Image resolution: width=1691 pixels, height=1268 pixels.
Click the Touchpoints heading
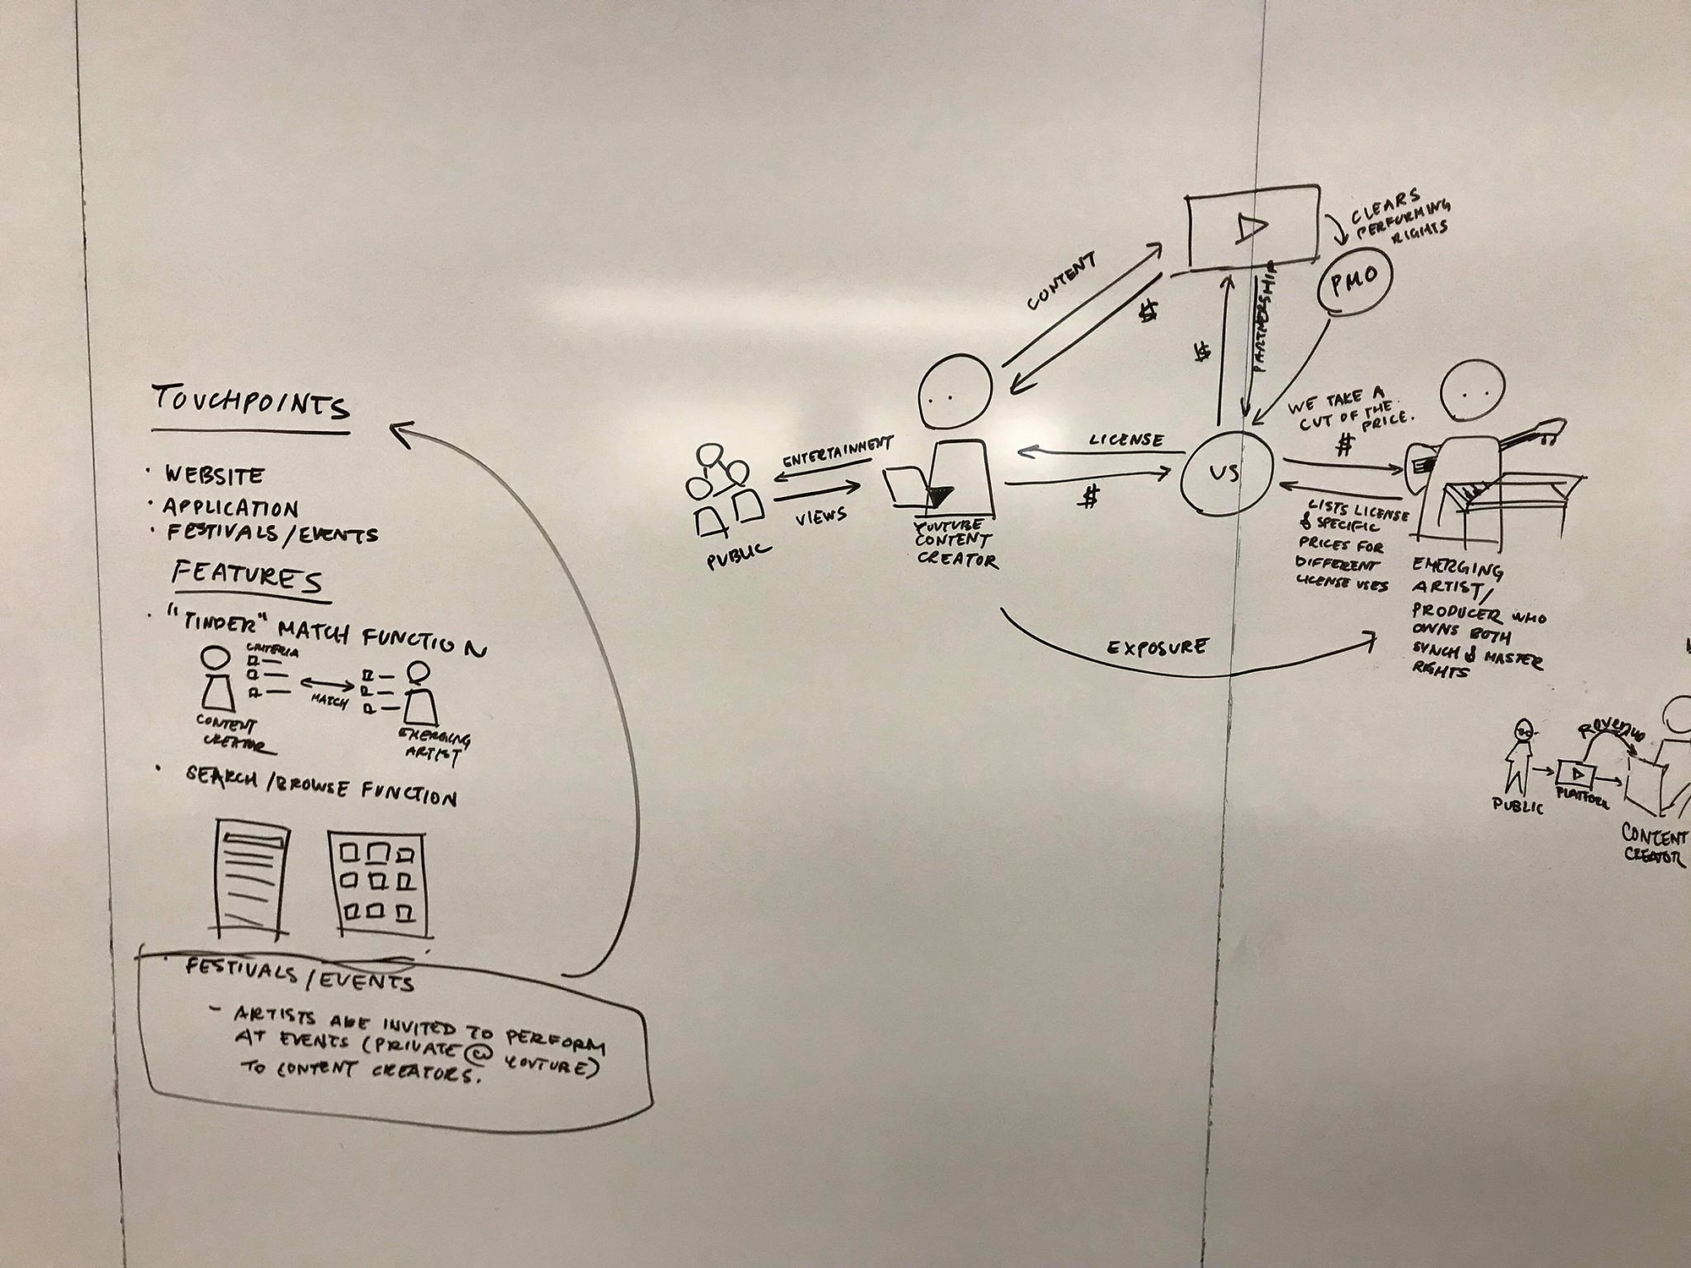coord(250,404)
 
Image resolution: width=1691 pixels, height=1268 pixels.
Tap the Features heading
coord(247,578)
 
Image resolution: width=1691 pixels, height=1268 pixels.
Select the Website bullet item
coord(215,475)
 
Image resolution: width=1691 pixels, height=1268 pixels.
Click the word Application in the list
coord(230,507)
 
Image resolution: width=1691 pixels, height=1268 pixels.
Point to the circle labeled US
coord(1226,472)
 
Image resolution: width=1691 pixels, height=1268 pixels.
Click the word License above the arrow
coord(1125,440)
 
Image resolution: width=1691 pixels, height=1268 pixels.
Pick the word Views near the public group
coord(821,515)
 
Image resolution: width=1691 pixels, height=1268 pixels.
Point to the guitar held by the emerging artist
coord(1488,448)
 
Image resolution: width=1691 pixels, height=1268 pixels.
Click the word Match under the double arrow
coord(329,701)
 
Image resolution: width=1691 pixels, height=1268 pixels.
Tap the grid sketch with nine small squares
coord(376,883)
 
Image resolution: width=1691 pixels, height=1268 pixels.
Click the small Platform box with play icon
coord(1576,773)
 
